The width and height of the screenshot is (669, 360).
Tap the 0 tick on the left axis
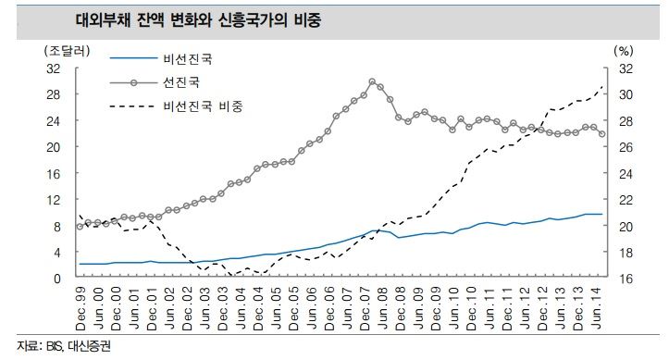tap(56, 278)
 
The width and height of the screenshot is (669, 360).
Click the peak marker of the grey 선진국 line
tap(372, 81)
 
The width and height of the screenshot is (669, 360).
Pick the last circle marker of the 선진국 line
tap(602, 134)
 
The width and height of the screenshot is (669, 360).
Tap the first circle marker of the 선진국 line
tap(81, 226)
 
